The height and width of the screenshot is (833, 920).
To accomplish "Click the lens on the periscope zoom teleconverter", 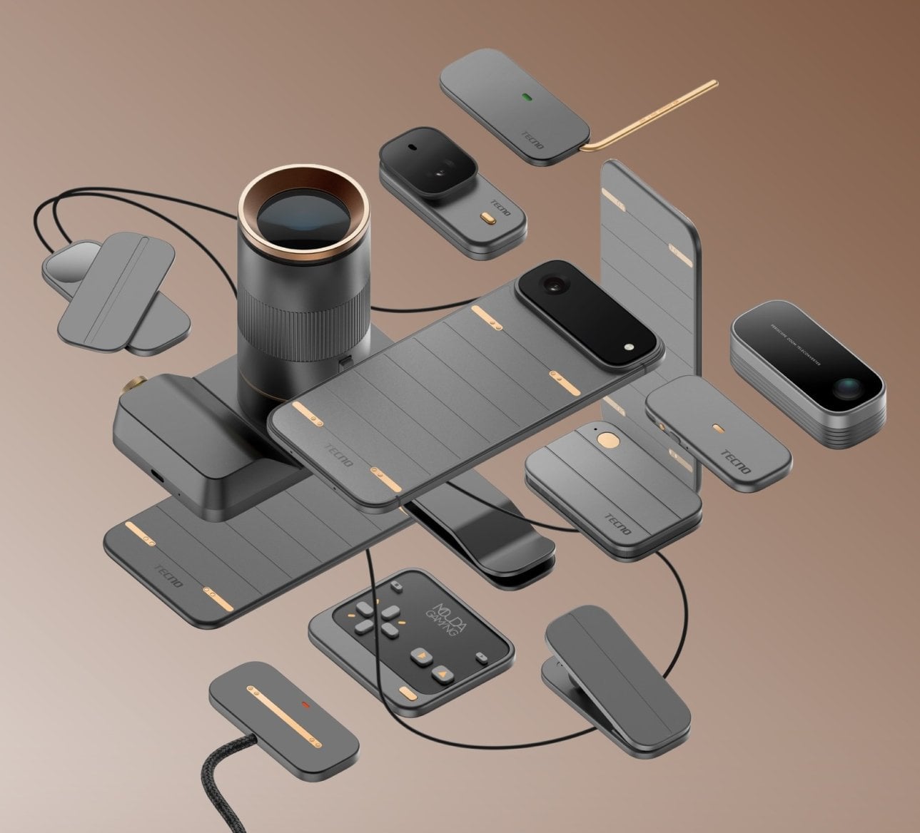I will [846, 387].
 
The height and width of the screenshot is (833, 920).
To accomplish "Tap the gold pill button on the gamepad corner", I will [409, 693].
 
